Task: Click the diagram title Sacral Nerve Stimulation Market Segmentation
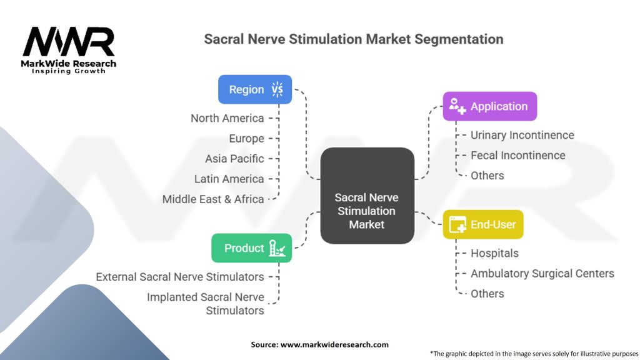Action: pos(354,39)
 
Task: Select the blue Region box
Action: pos(254,89)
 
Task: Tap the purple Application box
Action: pos(489,106)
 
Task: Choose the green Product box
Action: pos(251,248)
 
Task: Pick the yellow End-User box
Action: pos(482,224)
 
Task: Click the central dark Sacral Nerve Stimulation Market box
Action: pos(367,211)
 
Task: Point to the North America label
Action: pos(227,118)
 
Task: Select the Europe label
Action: pos(246,138)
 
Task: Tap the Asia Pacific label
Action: pos(234,159)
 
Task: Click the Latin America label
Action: pos(229,179)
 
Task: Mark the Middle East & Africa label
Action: pos(213,199)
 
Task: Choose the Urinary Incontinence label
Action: pos(522,135)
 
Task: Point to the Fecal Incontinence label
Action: pos(517,155)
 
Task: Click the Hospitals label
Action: pos(494,253)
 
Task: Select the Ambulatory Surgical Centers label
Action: pos(542,273)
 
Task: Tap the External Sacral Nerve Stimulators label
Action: pos(180,276)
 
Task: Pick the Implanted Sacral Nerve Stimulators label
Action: pos(206,304)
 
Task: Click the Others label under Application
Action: pos(487,176)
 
